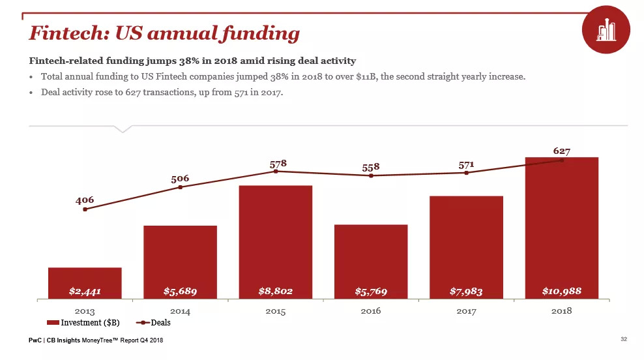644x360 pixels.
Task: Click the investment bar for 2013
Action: (x=85, y=282)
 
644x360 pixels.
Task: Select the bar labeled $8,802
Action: (x=276, y=241)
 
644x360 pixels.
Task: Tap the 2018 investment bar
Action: (x=561, y=228)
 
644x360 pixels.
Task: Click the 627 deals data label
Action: (x=562, y=151)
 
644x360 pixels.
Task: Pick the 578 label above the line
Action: (x=279, y=162)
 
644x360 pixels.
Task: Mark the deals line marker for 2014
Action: (x=181, y=188)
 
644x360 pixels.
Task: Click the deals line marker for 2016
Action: (x=371, y=175)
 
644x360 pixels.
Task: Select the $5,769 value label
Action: (x=371, y=291)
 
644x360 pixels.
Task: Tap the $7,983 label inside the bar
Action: (x=466, y=291)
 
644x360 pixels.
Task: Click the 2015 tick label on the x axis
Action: (x=276, y=311)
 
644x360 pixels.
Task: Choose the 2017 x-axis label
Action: (x=466, y=311)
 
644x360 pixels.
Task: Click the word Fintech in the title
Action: (x=63, y=33)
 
